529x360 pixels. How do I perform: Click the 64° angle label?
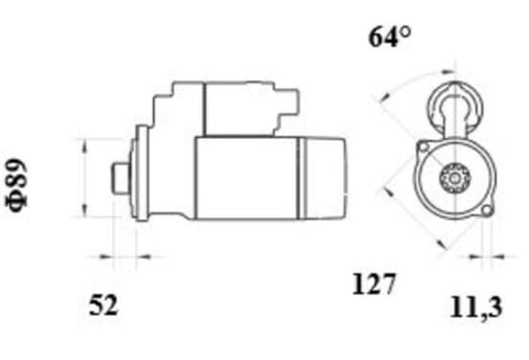[x=390, y=37]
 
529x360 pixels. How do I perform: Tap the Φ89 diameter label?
[x=16, y=185]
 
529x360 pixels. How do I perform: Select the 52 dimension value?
[x=103, y=305]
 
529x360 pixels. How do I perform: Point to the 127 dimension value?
[x=374, y=284]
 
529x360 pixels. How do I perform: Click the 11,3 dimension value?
[x=476, y=307]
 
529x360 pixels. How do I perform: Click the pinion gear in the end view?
[x=455, y=178]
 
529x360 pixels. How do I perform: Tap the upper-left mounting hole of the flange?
[x=424, y=146]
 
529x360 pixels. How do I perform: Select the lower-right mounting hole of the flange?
[x=486, y=210]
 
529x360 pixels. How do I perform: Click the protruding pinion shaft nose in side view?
[x=121, y=178]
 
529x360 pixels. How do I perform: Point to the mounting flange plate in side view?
[x=142, y=173]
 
